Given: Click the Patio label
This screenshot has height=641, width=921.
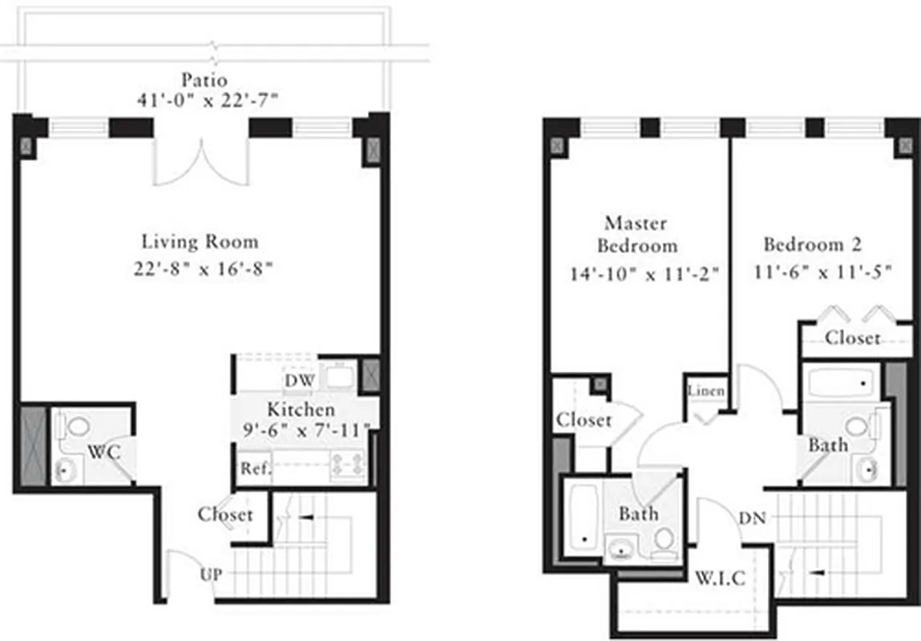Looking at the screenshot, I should (204, 80).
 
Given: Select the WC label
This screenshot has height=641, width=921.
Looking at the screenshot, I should (103, 451).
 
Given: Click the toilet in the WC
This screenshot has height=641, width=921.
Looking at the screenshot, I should (78, 425).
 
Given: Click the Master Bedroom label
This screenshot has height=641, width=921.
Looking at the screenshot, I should (640, 233).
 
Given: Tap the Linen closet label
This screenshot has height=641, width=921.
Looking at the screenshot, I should (706, 392).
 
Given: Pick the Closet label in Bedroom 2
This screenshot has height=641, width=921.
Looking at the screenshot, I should (853, 338).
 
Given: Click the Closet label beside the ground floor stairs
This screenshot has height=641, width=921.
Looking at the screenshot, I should (225, 515).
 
